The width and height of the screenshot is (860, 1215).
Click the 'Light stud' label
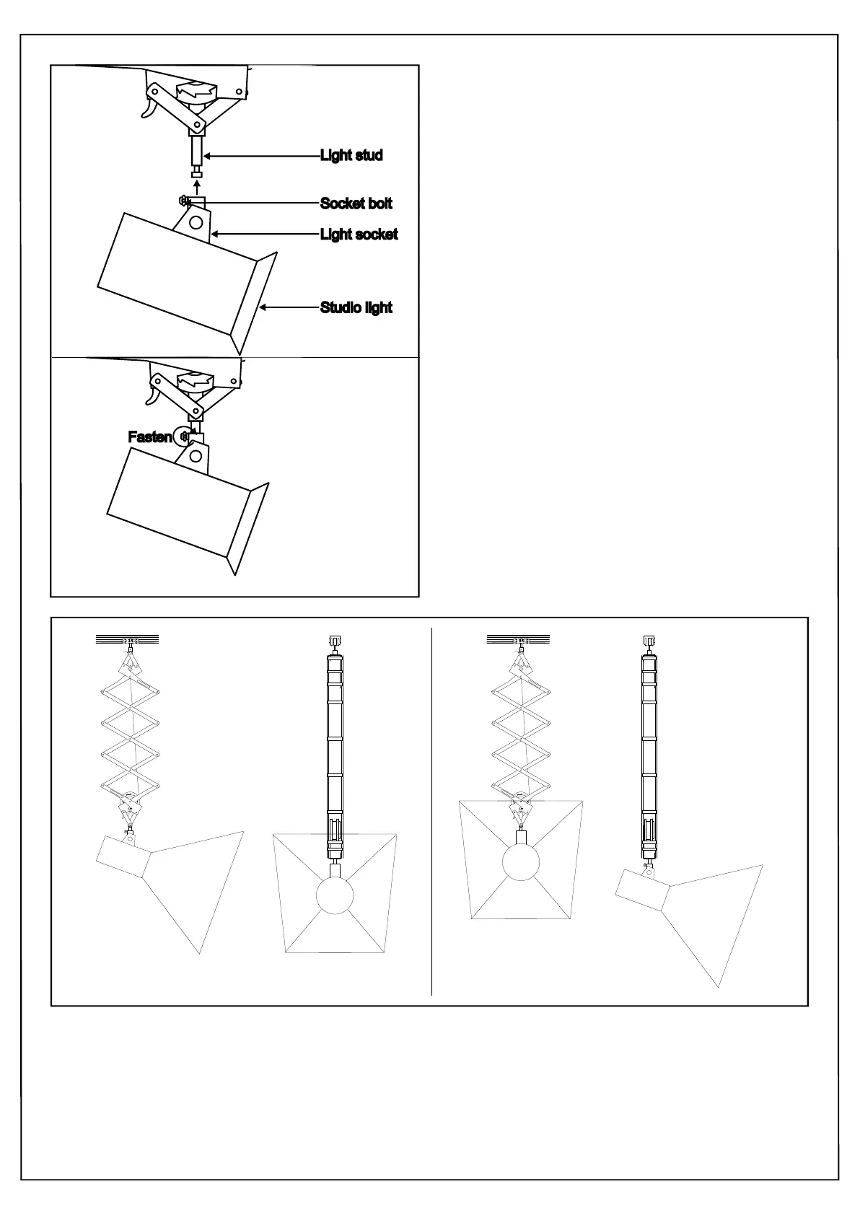pos(351,155)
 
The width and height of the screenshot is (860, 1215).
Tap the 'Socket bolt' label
pos(356,203)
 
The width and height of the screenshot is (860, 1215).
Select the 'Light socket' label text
pos(359,234)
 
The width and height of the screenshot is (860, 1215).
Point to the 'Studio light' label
pos(356,307)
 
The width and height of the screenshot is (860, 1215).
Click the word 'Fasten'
pos(149,437)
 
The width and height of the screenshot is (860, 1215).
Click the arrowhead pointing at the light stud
pos(208,155)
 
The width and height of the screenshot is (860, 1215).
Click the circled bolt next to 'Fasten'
pos(183,436)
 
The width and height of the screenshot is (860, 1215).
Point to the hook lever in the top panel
pos(148,109)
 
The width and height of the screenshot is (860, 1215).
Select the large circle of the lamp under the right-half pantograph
pos(520,862)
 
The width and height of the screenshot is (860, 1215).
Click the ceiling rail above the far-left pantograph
pos(126,639)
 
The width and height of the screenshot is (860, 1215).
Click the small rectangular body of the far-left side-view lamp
pos(123,855)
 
